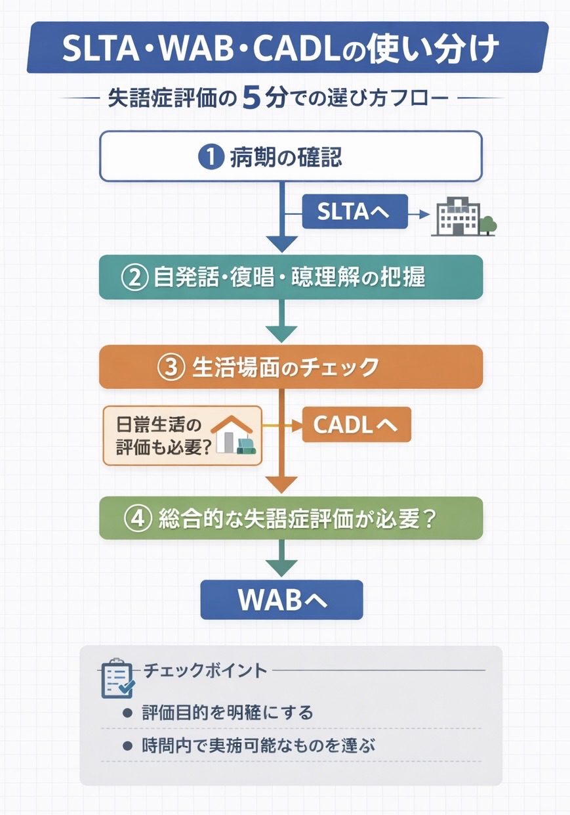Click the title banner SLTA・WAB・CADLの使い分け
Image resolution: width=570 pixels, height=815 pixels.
coord(287,48)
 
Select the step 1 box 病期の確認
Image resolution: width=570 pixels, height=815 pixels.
coord(291,156)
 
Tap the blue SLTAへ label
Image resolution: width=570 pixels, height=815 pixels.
coord(354,211)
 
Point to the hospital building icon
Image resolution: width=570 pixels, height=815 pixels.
coord(454,217)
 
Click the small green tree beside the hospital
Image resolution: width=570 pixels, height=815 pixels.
coord(487,225)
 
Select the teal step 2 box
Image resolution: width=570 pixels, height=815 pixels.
coord(291,277)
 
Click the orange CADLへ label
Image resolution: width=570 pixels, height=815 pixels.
coord(356,424)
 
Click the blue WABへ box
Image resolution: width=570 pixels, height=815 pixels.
coord(281,600)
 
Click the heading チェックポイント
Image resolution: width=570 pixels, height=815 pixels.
coord(205,670)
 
